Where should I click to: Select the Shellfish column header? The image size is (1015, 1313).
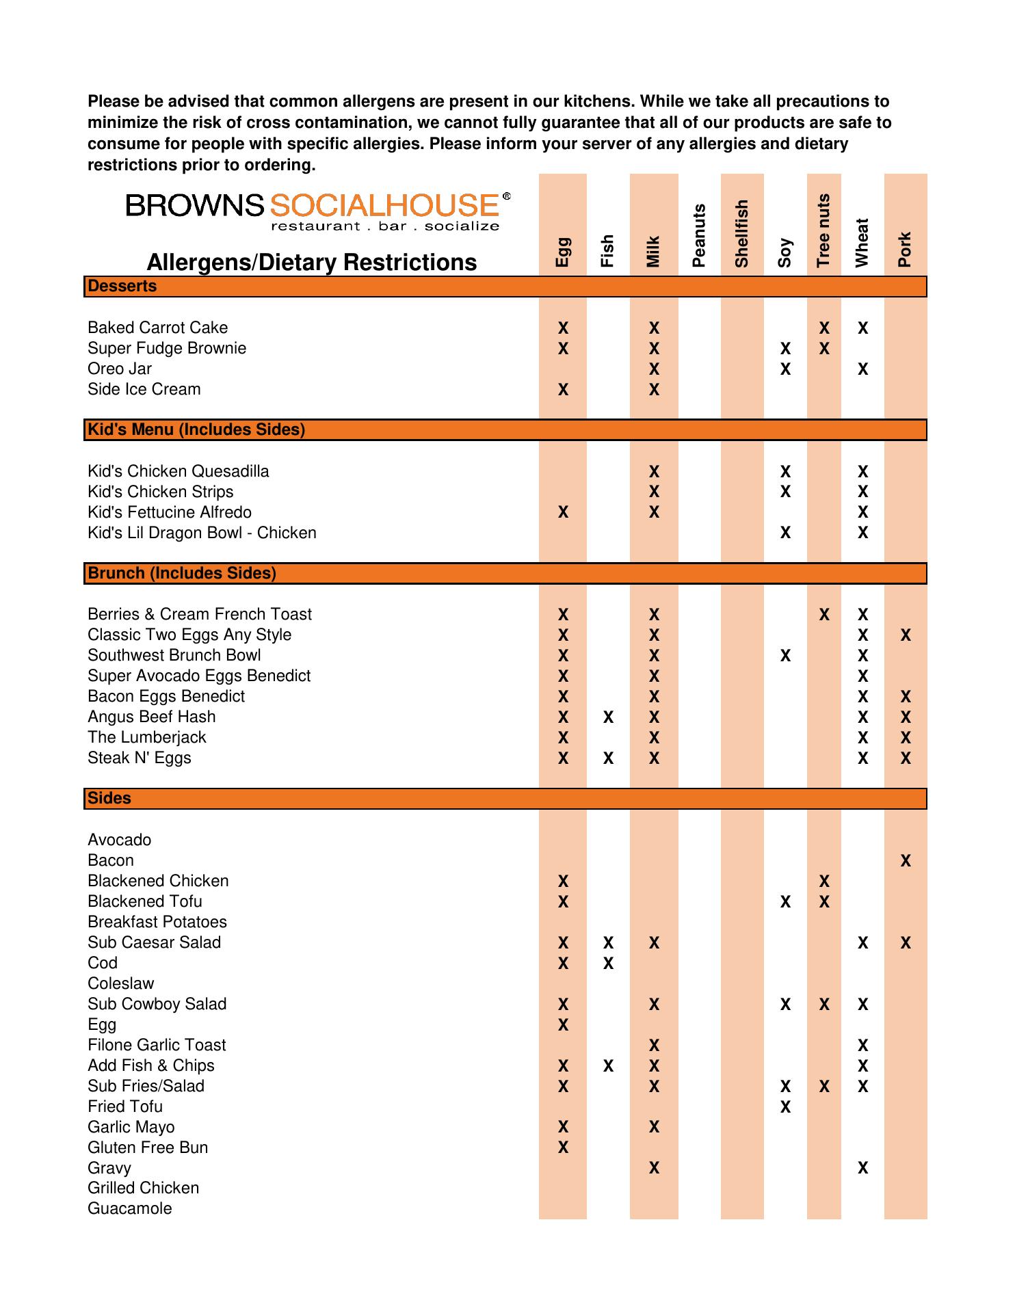741,233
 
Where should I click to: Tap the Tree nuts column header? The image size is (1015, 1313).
823,230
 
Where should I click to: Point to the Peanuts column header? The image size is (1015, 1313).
698,235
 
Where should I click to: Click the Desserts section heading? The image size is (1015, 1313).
122,287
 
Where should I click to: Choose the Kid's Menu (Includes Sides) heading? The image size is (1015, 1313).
196,429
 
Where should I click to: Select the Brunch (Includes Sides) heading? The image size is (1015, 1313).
182,573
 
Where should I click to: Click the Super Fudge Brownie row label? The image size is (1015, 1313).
167,348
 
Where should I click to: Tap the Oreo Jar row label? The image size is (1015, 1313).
120,369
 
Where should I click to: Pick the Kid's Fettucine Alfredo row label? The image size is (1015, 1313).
170,512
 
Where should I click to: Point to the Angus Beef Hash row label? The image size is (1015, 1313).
152,717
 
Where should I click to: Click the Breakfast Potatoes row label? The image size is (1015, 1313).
157,922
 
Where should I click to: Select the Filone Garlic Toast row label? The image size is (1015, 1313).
157,1045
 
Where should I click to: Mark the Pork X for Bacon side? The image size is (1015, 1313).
906,860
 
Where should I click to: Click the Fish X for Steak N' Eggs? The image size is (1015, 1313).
608,758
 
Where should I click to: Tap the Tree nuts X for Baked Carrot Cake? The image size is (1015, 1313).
824,328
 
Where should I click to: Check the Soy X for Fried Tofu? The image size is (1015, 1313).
785,1106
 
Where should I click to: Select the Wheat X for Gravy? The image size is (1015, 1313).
862,1168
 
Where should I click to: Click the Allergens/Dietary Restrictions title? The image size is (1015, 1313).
312,262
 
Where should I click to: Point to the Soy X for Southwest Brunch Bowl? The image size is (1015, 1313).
785,655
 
